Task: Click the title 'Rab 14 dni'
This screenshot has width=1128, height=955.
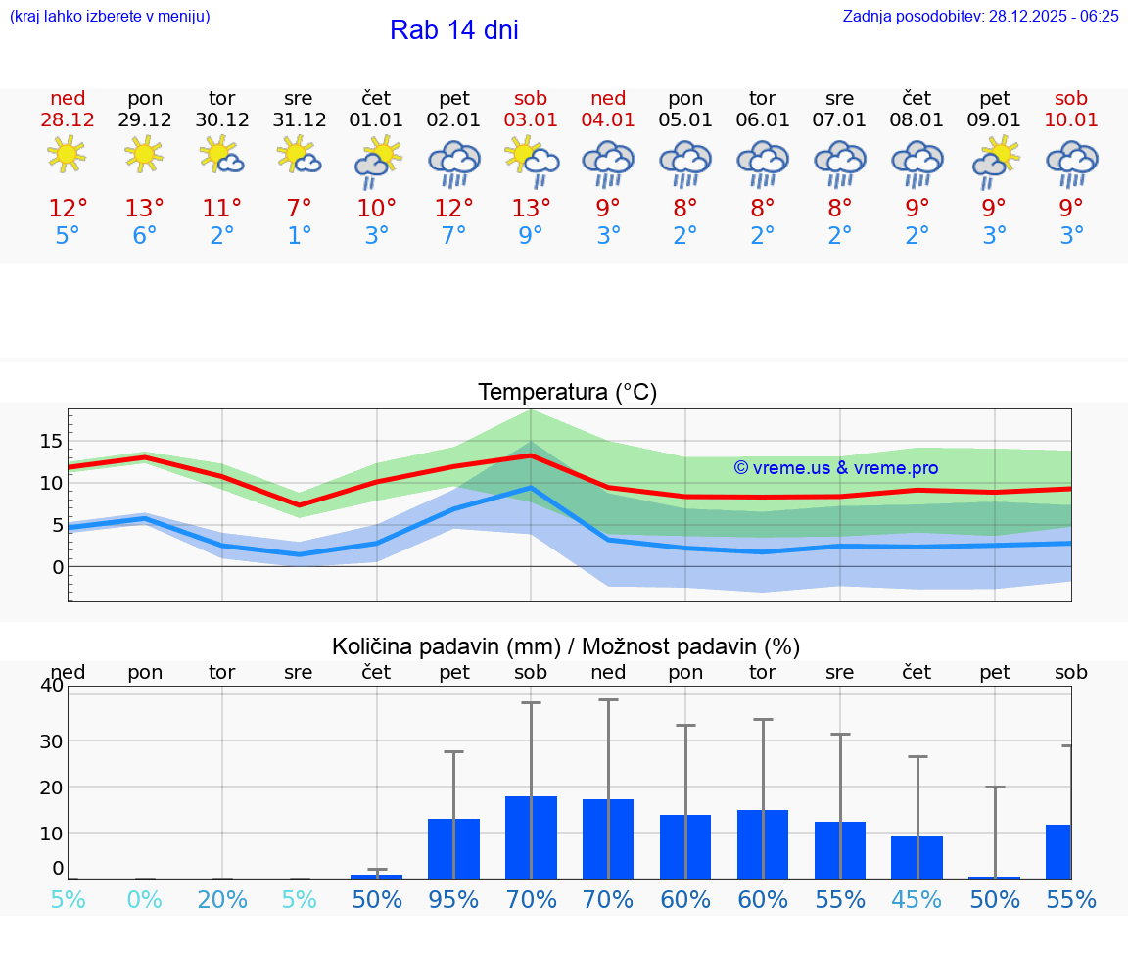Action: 453,30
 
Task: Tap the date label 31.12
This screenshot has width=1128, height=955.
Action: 299,120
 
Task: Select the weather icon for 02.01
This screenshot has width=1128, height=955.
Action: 454,164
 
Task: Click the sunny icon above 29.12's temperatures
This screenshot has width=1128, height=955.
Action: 144,154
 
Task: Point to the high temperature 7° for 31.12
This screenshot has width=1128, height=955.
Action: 299,209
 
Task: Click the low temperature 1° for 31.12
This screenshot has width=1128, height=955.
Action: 299,236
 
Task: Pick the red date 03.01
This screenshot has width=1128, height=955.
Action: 531,120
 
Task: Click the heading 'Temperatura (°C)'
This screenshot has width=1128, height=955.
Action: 567,393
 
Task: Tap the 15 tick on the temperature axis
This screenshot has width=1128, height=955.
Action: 51,441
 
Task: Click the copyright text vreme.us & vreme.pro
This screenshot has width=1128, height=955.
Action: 836,468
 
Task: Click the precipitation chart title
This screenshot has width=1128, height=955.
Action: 566,646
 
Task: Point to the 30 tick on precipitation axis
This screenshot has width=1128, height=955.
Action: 50,740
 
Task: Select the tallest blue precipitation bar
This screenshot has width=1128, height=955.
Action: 531,837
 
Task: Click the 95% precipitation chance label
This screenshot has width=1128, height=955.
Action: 454,899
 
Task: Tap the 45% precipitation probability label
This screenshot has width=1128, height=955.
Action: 916,899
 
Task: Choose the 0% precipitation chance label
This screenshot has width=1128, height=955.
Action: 144,899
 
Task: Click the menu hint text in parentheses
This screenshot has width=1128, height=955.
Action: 109,17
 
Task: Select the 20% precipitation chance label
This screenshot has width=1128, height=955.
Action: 222,899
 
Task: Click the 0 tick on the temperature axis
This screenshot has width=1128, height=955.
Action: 57,567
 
